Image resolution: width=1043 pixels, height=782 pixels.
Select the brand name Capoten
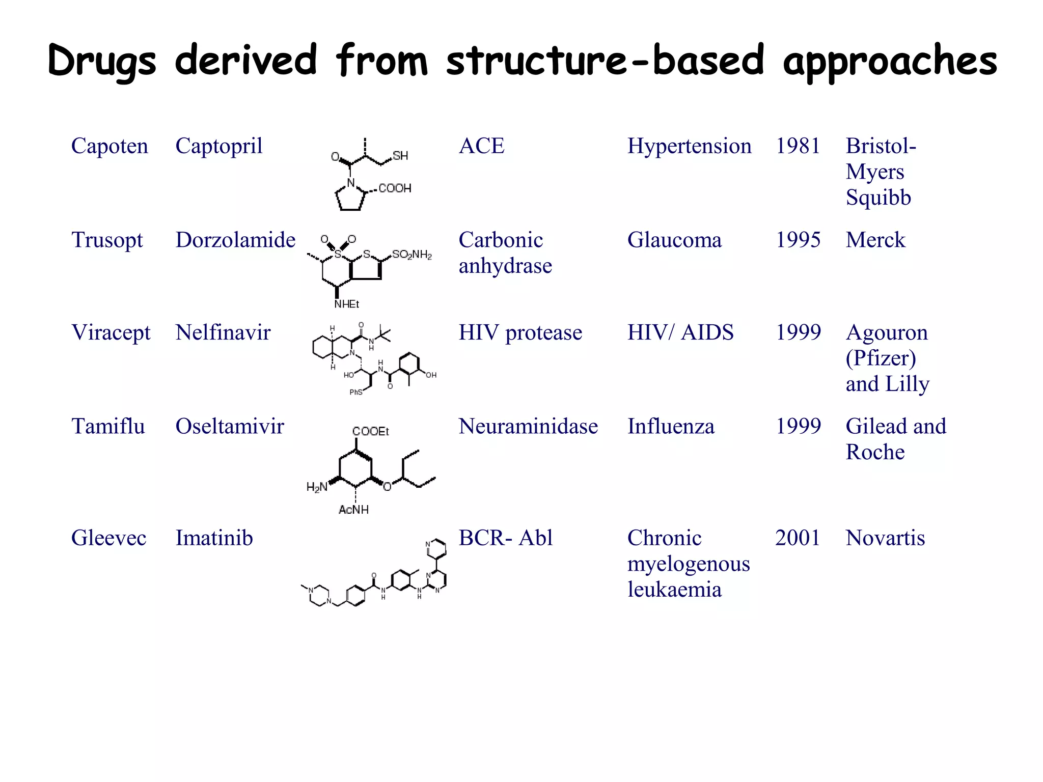point(109,146)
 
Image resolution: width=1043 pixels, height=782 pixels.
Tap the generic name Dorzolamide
point(235,240)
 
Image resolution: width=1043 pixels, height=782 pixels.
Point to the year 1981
point(798,146)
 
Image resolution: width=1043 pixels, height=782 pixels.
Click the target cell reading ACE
point(481,146)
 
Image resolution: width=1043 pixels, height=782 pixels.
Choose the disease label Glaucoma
point(674,240)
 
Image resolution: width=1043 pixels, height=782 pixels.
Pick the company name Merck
point(875,240)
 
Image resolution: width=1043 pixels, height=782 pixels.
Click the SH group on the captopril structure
point(400,156)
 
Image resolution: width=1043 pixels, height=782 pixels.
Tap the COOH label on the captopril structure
point(395,188)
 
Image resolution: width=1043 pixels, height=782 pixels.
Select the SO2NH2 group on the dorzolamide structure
point(412,255)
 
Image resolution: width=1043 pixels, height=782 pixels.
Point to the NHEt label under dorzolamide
point(347,304)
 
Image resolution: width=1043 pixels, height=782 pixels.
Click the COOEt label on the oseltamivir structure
point(371,432)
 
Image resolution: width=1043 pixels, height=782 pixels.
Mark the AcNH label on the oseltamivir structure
point(353,510)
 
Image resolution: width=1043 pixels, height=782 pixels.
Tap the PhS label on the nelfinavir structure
point(356,392)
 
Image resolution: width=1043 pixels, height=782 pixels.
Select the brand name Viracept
point(111,333)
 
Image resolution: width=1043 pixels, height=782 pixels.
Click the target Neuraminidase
point(528,427)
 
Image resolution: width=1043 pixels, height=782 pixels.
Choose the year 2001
point(798,538)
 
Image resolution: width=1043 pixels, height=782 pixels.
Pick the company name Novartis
point(885,538)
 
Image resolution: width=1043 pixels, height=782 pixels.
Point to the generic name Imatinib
point(214,538)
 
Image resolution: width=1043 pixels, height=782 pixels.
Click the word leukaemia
point(674,590)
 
